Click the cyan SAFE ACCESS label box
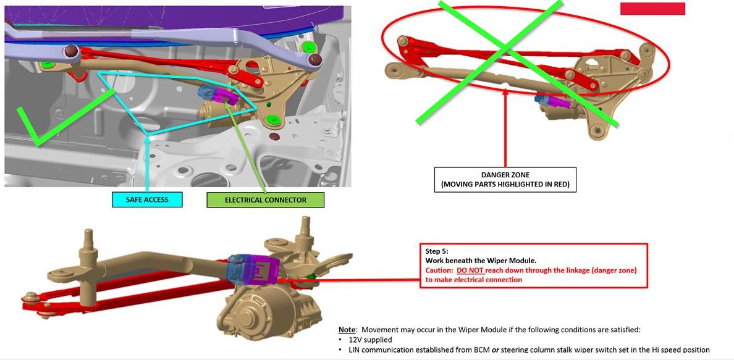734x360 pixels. tap(147, 200)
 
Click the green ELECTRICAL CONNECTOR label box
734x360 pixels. tap(266, 200)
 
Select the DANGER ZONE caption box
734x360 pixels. tap(505, 180)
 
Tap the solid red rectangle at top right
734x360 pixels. tap(652, 9)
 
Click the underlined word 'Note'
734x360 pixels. tap(347, 330)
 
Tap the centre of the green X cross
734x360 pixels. tap(505, 48)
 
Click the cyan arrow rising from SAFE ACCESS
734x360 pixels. tap(148, 163)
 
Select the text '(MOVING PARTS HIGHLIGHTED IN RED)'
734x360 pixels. tap(505, 185)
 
